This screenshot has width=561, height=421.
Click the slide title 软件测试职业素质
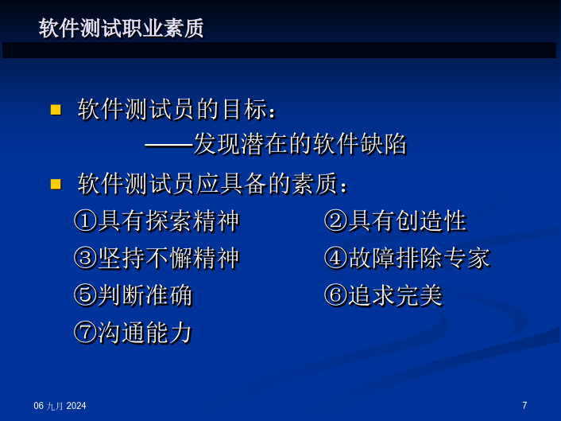(121, 28)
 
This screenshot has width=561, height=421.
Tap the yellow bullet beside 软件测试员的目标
(56, 110)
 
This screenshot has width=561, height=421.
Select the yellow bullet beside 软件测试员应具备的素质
(56, 184)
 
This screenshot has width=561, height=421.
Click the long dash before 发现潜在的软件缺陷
(169, 146)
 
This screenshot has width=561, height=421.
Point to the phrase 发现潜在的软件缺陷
(300, 144)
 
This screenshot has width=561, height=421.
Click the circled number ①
(86, 220)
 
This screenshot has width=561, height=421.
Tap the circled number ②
(335, 220)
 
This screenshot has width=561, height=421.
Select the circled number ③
(86, 258)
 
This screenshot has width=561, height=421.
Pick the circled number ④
(335, 258)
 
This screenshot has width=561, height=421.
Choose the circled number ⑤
(86, 295)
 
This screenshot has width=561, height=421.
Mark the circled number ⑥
(335, 295)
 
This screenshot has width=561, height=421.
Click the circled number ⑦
(86, 332)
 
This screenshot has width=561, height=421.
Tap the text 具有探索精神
(168, 220)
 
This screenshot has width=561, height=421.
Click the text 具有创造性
(408, 220)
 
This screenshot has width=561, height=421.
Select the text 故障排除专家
(420, 258)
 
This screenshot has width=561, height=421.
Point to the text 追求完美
(396, 295)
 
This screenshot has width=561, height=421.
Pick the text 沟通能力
(145, 332)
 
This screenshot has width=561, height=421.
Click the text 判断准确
(145, 295)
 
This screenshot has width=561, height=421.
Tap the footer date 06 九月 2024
(60, 406)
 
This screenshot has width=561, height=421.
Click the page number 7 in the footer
(524, 405)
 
